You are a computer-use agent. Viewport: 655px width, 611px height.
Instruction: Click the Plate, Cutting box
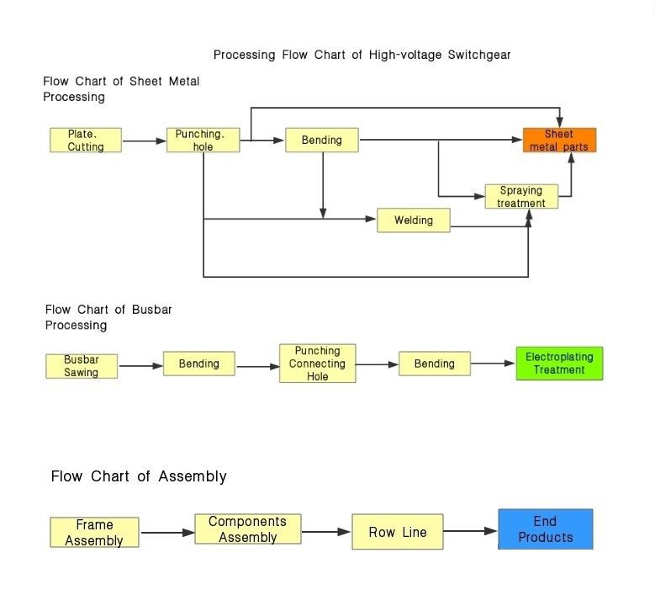tap(86, 141)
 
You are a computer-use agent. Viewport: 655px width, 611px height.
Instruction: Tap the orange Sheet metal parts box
tap(559, 141)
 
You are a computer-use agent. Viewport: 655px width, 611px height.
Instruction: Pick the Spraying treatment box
tap(521, 197)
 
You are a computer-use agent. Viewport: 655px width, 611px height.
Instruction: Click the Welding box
tap(414, 220)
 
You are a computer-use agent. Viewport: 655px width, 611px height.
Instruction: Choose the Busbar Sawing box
tap(82, 366)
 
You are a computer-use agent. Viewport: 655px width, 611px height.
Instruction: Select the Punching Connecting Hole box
tap(317, 364)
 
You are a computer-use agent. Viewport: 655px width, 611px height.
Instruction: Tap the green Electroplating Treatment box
tap(559, 364)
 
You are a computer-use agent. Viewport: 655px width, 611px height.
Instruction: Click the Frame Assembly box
tap(94, 533)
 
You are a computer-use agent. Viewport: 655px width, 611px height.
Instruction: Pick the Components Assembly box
tap(247, 529)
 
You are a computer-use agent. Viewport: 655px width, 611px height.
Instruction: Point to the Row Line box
tap(398, 532)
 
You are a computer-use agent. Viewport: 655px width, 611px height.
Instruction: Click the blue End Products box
tap(545, 529)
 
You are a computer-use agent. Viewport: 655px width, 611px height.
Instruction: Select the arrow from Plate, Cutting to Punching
tap(144, 141)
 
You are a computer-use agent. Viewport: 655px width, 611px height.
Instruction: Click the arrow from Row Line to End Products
tap(470, 532)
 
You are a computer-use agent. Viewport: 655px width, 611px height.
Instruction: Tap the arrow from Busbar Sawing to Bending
tap(140, 366)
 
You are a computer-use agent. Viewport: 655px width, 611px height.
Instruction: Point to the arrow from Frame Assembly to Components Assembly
tap(166, 533)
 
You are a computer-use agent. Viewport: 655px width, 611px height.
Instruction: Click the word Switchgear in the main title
tap(474, 55)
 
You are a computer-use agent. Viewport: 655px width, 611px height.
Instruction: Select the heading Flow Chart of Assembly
tap(139, 476)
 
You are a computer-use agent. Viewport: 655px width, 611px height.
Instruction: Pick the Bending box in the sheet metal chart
tap(322, 141)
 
